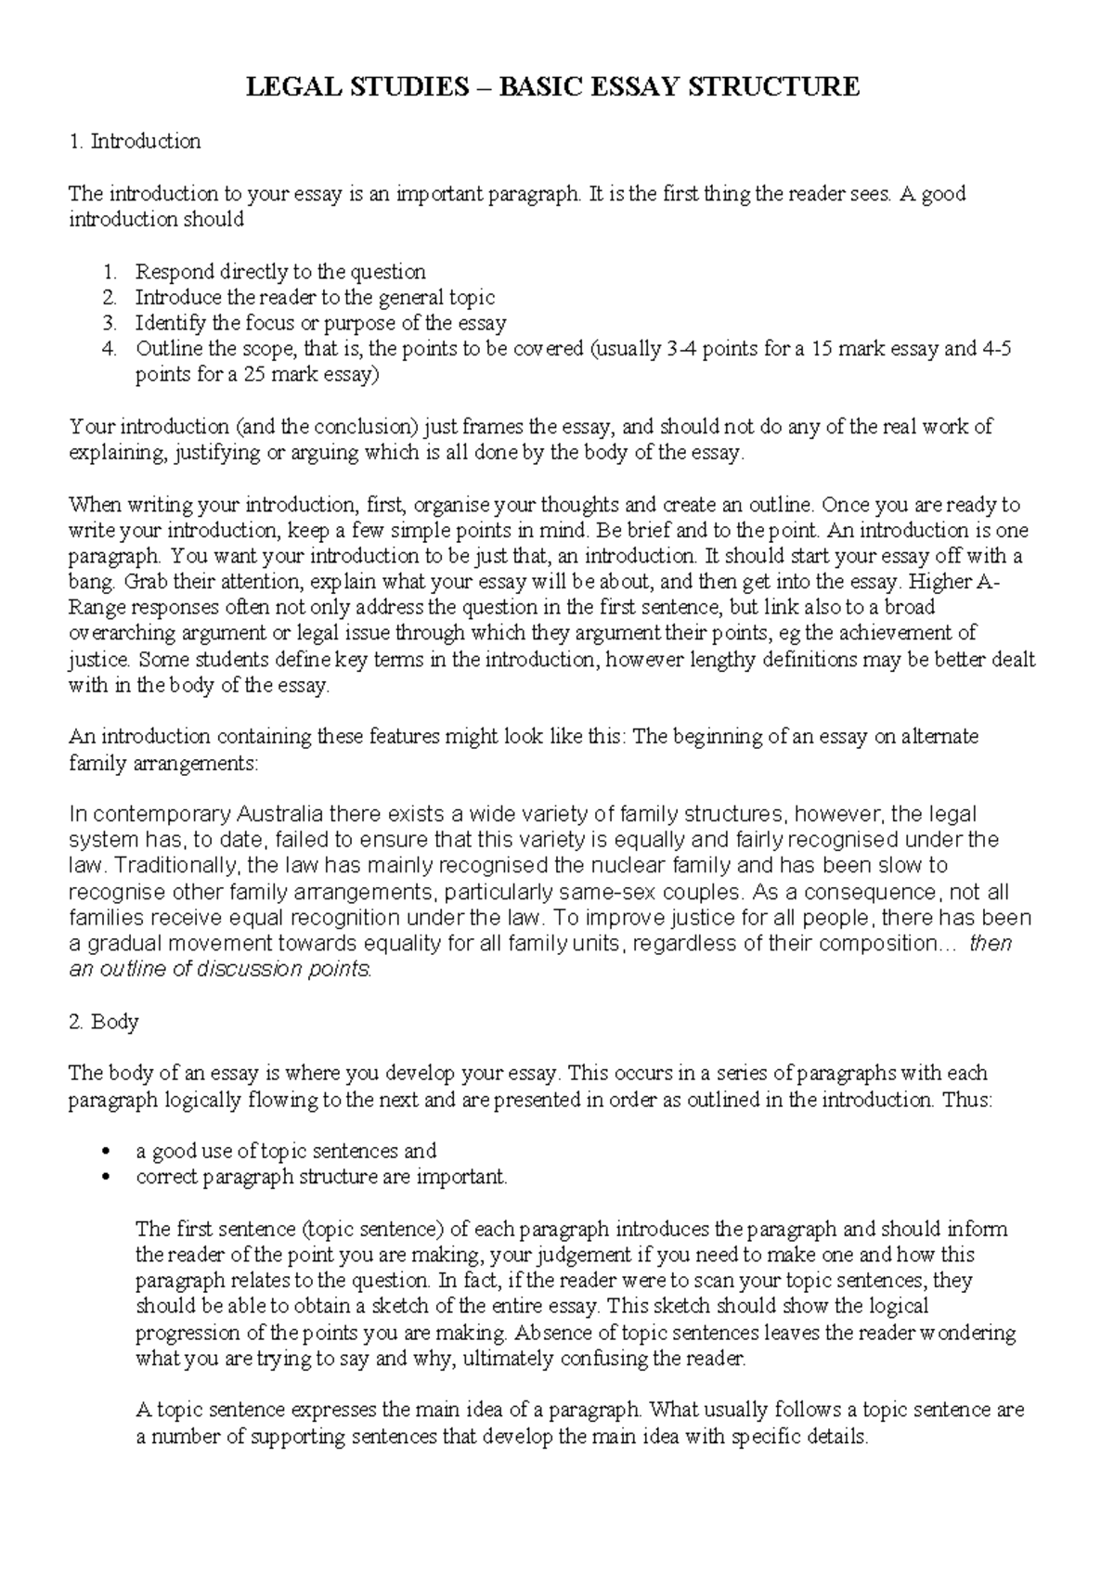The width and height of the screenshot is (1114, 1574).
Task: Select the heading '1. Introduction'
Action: click(135, 141)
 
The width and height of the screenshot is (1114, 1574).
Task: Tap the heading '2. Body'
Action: click(104, 1022)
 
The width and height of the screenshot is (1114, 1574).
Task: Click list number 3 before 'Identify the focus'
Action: click(110, 324)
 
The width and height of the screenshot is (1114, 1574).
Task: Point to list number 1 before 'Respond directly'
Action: click(110, 272)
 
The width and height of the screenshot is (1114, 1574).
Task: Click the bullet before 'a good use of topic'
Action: click(110, 1152)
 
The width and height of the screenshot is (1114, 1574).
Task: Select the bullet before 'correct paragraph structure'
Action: click(110, 1178)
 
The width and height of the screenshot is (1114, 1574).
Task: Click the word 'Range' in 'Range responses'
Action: click(96, 609)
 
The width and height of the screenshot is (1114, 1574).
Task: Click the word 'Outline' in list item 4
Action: click(166, 350)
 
